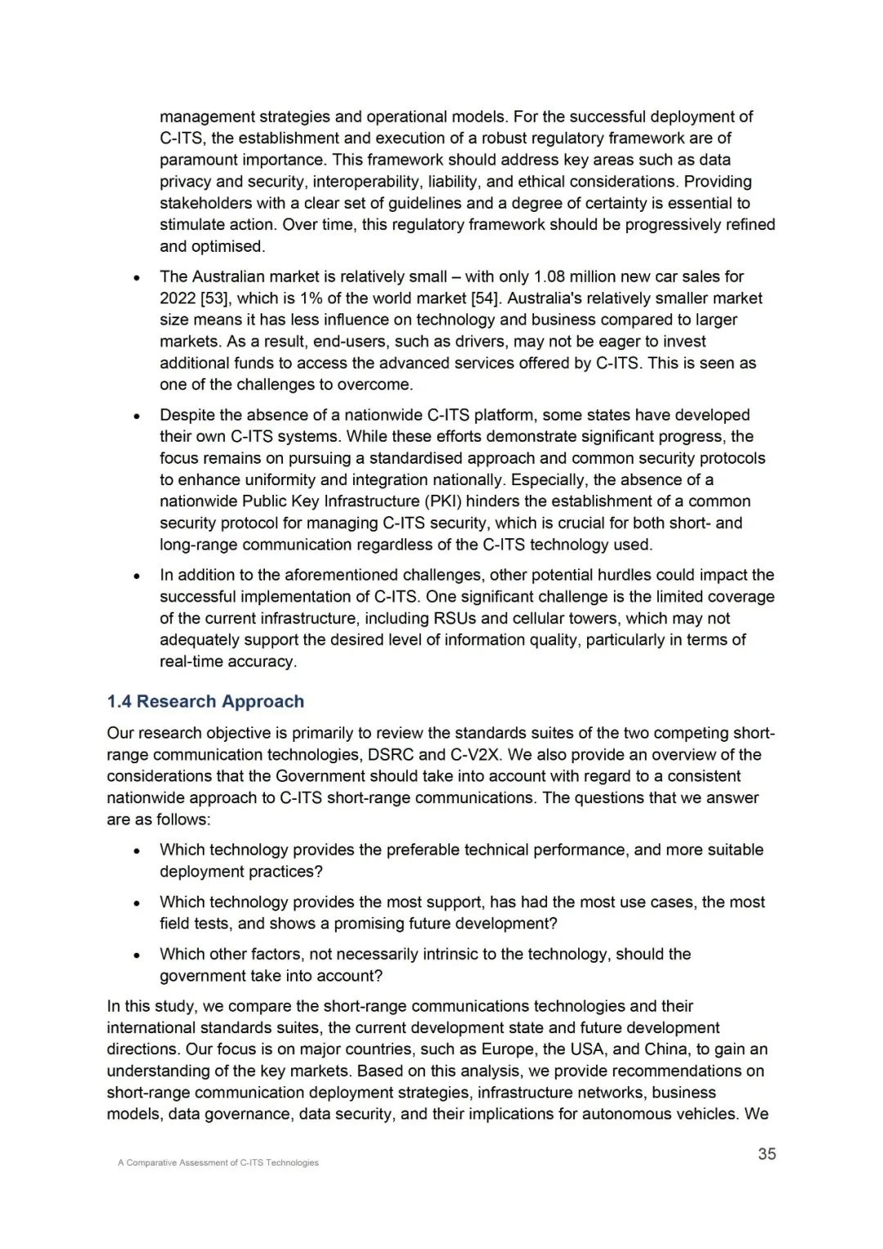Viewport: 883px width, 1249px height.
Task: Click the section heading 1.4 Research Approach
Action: [x=205, y=702]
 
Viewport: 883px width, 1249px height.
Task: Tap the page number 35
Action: [x=767, y=1154]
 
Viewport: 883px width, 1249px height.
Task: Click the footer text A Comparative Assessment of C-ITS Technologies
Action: [x=218, y=1162]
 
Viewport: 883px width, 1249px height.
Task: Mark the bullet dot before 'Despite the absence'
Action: [x=137, y=416]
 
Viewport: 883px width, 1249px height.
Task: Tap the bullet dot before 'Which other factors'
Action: [x=137, y=955]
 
